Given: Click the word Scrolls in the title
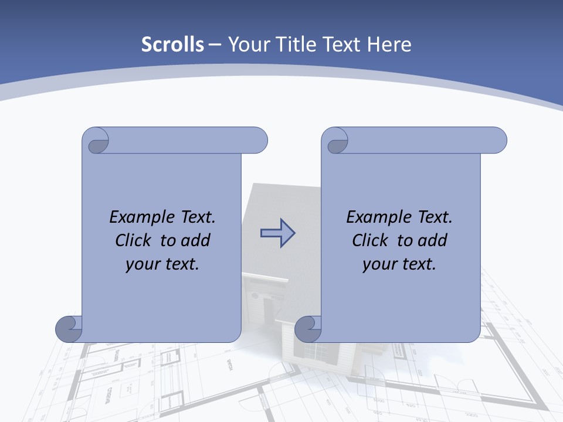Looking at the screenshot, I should point(172,45).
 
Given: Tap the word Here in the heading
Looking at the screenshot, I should point(389,45).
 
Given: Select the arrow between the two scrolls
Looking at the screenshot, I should point(277,233).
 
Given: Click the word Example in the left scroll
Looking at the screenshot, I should point(141,217).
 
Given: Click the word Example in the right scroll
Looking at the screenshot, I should point(378,217).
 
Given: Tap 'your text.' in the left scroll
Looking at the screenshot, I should point(162,264).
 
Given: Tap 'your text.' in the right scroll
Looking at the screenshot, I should point(399,264).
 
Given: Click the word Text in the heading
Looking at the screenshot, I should point(341,45).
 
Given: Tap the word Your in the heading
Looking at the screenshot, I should point(246,45).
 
